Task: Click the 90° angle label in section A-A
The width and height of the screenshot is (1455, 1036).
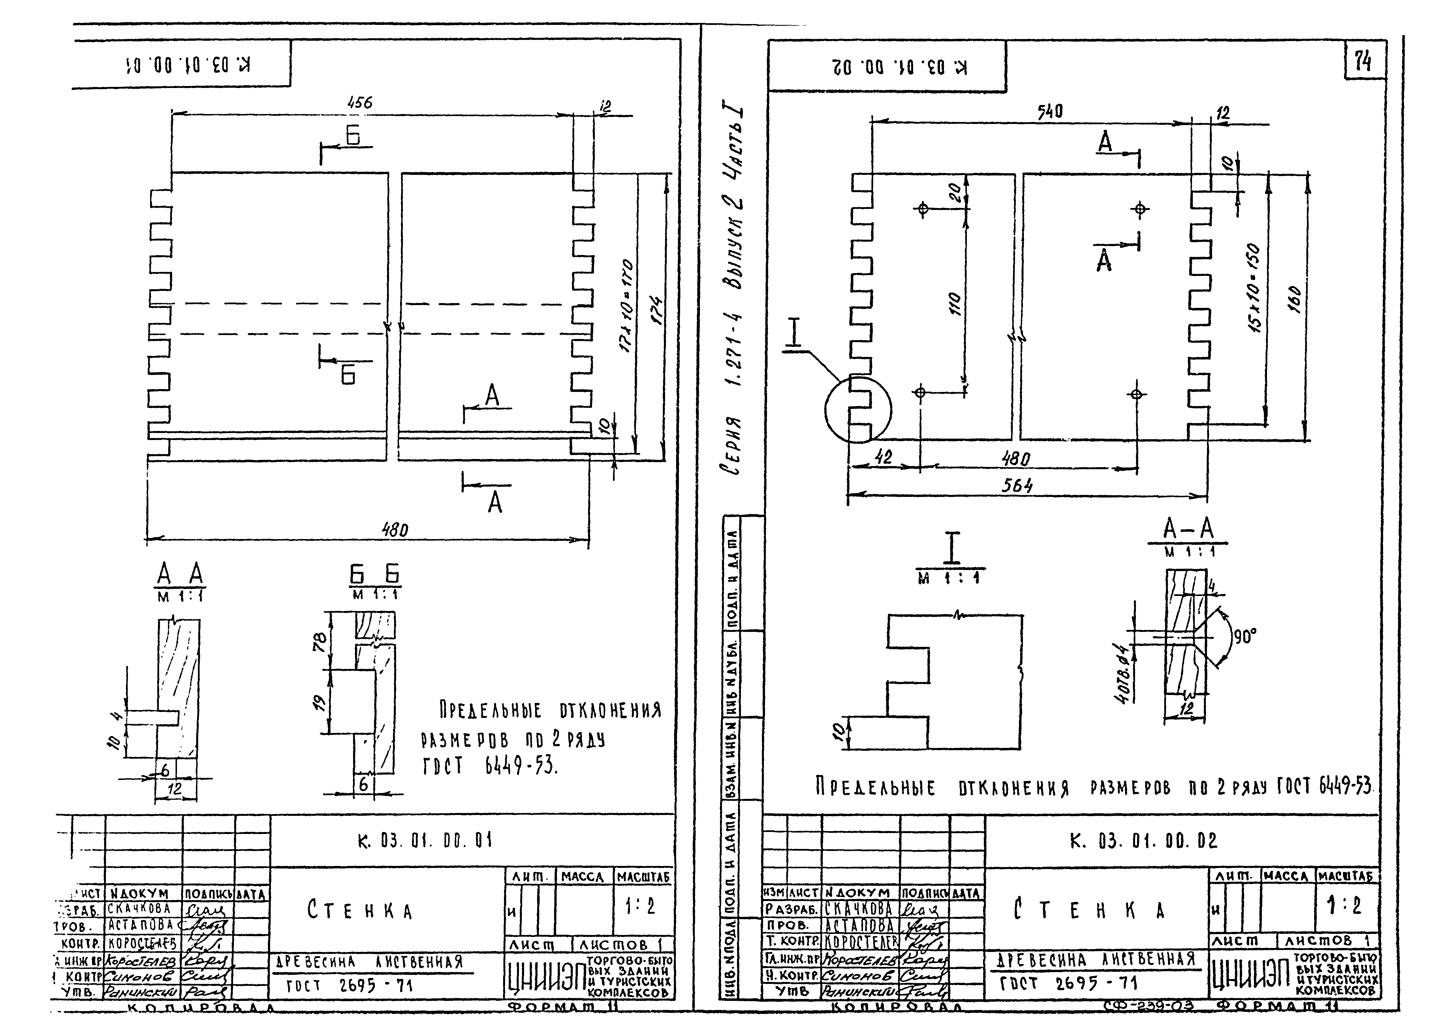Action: [x=1244, y=635]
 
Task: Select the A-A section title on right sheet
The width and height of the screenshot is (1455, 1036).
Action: [x=1188, y=529]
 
